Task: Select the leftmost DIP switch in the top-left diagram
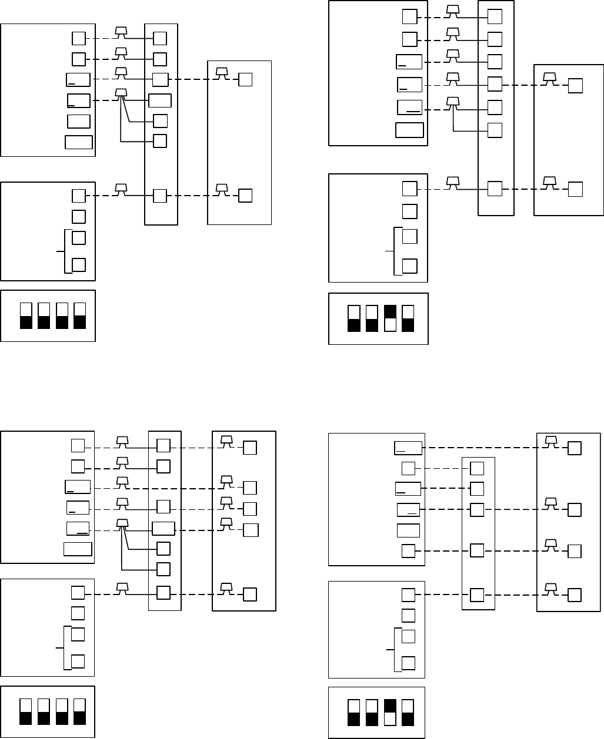click(26, 315)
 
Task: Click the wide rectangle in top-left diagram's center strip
click(160, 100)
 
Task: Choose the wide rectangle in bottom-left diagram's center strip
click(163, 528)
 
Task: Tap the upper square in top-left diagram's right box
click(245, 79)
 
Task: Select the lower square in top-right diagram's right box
click(575, 189)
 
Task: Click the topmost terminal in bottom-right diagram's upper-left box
click(408, 448)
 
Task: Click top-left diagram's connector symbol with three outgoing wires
click(121, 93)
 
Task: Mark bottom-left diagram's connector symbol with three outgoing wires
click(122, 523)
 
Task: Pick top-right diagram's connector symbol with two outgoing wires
click(452, 102)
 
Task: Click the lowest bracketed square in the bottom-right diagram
click(408, 663)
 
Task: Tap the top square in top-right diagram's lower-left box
click(409, 189)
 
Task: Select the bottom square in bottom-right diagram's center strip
click(477, 594)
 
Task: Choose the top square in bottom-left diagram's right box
click(250, 448)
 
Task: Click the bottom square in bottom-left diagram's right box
click(250, 594)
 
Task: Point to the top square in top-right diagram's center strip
click(495, 16)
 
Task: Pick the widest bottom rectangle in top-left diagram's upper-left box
click(79, 142)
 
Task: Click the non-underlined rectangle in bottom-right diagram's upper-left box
click(408, 530)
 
